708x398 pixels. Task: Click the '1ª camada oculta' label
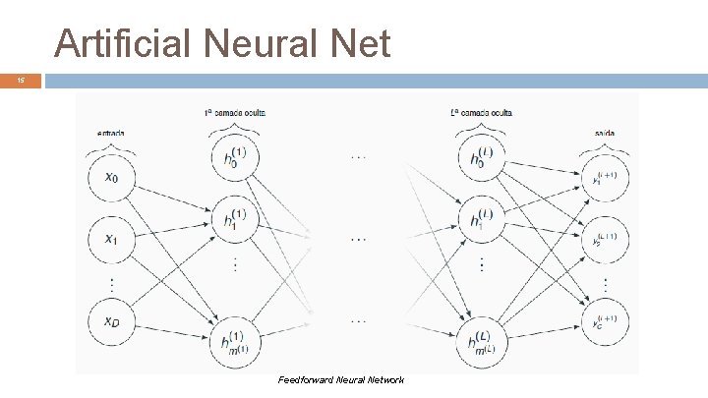(x=235, y=113)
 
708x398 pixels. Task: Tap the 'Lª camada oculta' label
(x=483, y=113)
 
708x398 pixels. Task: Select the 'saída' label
(x=605, y=133)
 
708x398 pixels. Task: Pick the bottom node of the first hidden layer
(x=235, y=338)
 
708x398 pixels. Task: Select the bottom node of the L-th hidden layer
(x=483, y=338)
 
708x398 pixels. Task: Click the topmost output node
(x=605, y=177)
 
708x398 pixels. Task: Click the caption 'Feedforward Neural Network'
(x=341, y=380)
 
